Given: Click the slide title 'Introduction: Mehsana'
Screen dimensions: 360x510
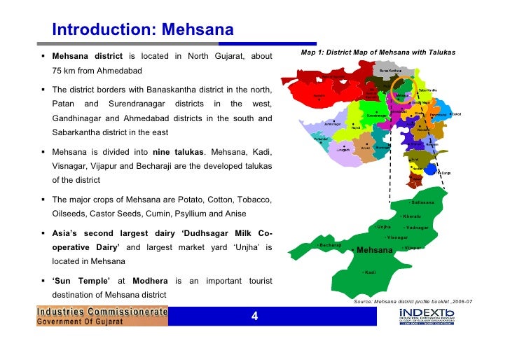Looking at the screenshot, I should click(142, 30).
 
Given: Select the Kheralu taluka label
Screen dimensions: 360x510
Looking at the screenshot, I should click(413, 216).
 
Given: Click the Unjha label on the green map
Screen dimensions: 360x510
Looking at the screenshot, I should click(383, 227).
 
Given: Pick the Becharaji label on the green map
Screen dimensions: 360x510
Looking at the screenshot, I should click(330, 246).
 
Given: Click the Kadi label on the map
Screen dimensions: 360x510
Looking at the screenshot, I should click(371, 272).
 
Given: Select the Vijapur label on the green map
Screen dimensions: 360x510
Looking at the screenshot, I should click(414, 248).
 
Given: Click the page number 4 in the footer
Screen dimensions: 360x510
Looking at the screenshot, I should click(255, 317).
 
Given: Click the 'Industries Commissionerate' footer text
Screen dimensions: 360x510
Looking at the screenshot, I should click(102, 311).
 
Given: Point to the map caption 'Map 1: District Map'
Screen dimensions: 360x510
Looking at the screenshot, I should click(378, 53).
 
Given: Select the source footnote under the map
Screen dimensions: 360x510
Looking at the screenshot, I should click(413, 300).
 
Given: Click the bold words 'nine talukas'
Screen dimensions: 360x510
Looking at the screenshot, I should click(180, 152).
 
